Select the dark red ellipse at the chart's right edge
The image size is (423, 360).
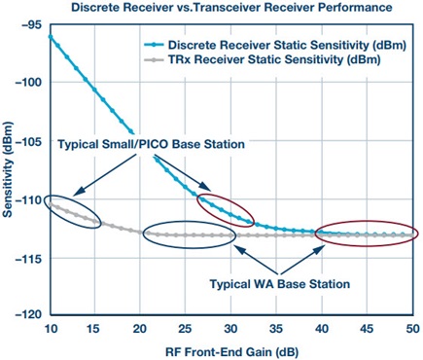click(x=367, y=234)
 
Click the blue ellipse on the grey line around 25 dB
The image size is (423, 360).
click(x=189, y=234)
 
